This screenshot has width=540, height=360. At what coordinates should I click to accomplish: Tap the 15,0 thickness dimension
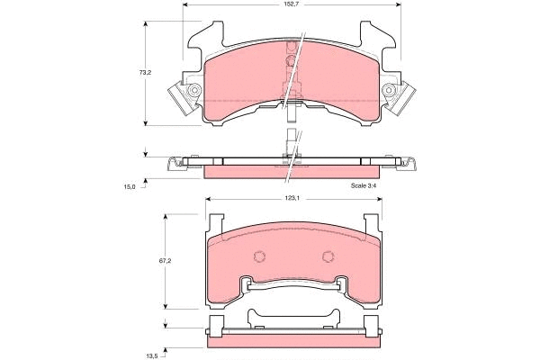click(129, 187)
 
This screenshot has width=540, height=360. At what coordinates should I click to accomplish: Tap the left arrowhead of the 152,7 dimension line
click(186, 4)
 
